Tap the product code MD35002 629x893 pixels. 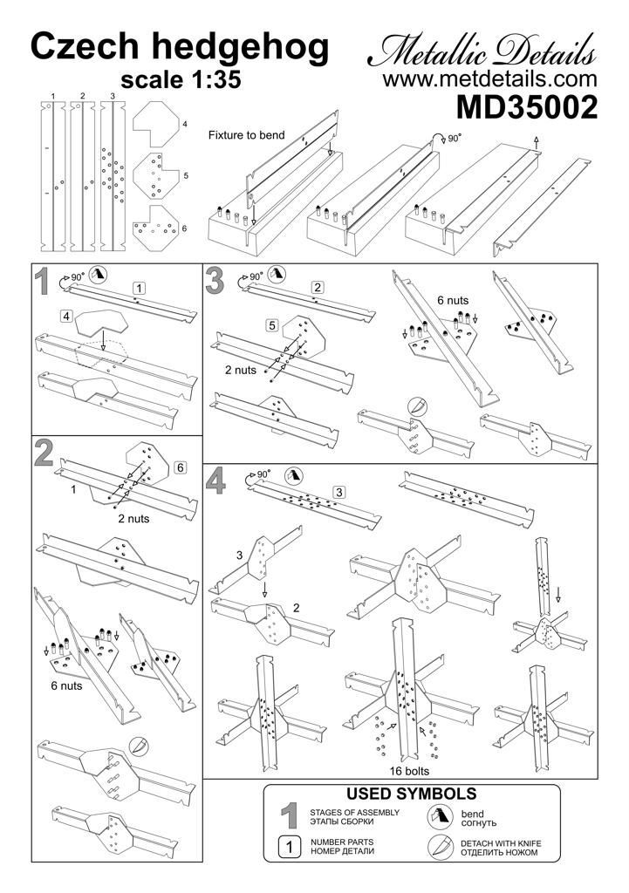point(526,108)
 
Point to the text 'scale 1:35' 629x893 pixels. point(180,79)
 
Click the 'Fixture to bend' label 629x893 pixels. point(246,135)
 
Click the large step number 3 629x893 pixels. point(215,281)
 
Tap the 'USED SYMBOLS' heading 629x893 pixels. point(412,794)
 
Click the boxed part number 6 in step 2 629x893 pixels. point(181,467)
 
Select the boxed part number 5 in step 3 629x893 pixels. point(272,325)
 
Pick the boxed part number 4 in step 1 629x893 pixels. point(65,316)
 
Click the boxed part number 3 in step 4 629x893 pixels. point(339,492)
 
